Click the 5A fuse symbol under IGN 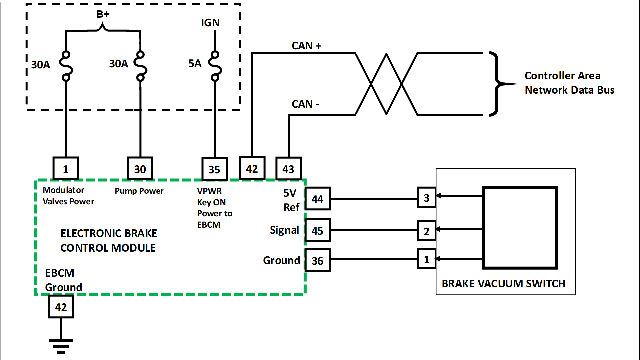coord(215,66)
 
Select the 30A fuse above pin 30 coord(140,66)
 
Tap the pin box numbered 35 coord(215,169)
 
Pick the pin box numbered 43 coord(289,169)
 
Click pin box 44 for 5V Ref coord(318,199)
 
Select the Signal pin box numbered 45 coord(318,230)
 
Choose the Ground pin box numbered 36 coord(318,260)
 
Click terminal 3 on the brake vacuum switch coord(427,197)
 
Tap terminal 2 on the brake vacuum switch coord(427,231)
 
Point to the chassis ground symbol coord(61,346)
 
